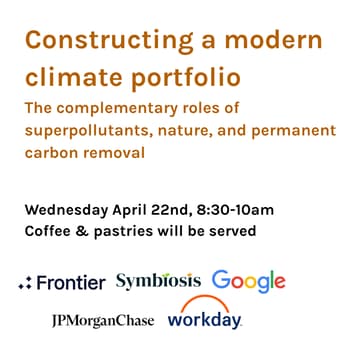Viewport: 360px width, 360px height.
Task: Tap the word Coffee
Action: [x=48, y=232]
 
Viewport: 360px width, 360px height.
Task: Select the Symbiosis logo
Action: [x=158, y=281]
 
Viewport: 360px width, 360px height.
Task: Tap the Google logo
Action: [x=249, y=281]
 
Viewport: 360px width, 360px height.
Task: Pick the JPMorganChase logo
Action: [x=103, y=320]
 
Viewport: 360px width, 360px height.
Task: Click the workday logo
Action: [x=205, y=322]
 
